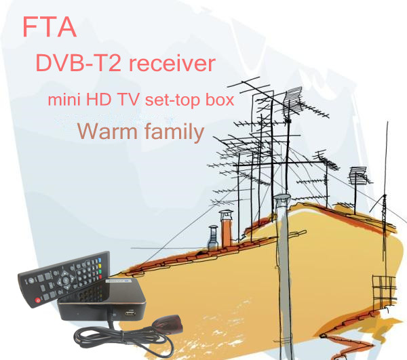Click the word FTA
[x=49, y=27]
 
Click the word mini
[x=64, y=100]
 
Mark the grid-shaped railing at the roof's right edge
[x=384, y=292]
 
